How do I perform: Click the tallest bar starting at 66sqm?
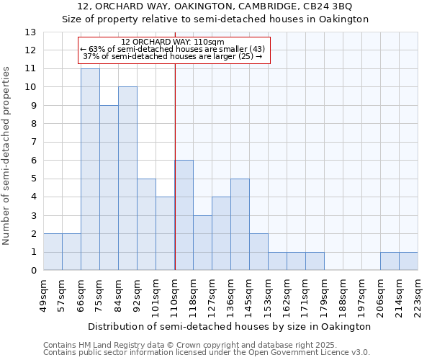coord(90,169)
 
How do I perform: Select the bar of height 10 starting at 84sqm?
coord(127,179)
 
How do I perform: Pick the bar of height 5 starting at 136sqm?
coord(240,224)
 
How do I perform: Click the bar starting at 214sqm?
coord(408,261)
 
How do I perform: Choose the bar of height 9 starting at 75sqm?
coord(109,187)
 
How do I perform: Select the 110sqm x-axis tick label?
coord(174,295)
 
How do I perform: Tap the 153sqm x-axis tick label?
coord(268,295)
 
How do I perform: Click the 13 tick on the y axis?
coord(30,32)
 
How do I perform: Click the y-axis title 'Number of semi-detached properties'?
coord(7,156)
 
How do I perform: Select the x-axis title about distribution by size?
coord(230,326)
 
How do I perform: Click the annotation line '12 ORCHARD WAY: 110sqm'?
coord(173,42)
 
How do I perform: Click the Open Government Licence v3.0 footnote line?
coord(206,352)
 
